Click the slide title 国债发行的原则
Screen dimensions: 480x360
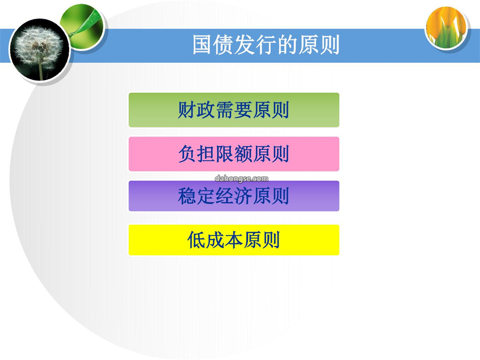point(266,45)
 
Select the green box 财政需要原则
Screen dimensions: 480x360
point(234,110)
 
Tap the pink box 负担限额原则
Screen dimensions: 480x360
point(234,154)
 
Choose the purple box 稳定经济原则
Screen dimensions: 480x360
point(234,196)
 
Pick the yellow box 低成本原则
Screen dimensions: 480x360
point(234,240)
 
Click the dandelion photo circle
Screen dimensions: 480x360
point(40,50)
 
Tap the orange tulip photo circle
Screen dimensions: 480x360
point(447,28)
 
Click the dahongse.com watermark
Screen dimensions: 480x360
point(241,179)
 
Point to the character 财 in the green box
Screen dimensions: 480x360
point(187,110)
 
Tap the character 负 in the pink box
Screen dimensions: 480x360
point(188,154)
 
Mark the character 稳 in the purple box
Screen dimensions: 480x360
point(187,196)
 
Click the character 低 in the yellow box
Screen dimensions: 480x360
point(196,240)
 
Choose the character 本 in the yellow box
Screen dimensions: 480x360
point(234,240)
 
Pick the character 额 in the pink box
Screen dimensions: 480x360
point(244,154)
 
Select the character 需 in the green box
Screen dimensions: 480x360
point(225,110)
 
